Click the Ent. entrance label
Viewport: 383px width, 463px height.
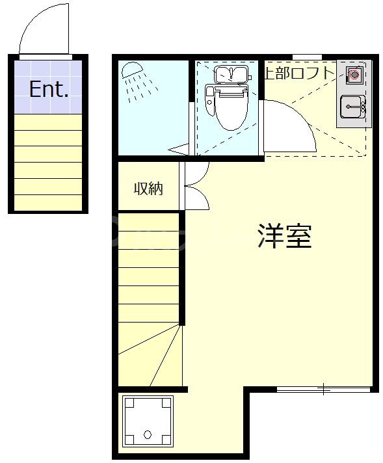tap(49, 90)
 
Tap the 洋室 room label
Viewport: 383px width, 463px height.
tap(284, 235)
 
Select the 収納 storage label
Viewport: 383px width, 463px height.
tap(148, 189)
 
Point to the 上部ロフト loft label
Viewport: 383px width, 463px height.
tap(298, 73)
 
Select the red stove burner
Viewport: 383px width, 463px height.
tap(354, 75)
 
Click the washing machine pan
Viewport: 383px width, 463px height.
tap(148, 421)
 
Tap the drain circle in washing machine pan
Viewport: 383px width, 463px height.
tap(148, 434)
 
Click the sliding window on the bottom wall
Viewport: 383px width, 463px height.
tap(324, 389)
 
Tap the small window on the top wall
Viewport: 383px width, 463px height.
tap(306, 57)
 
